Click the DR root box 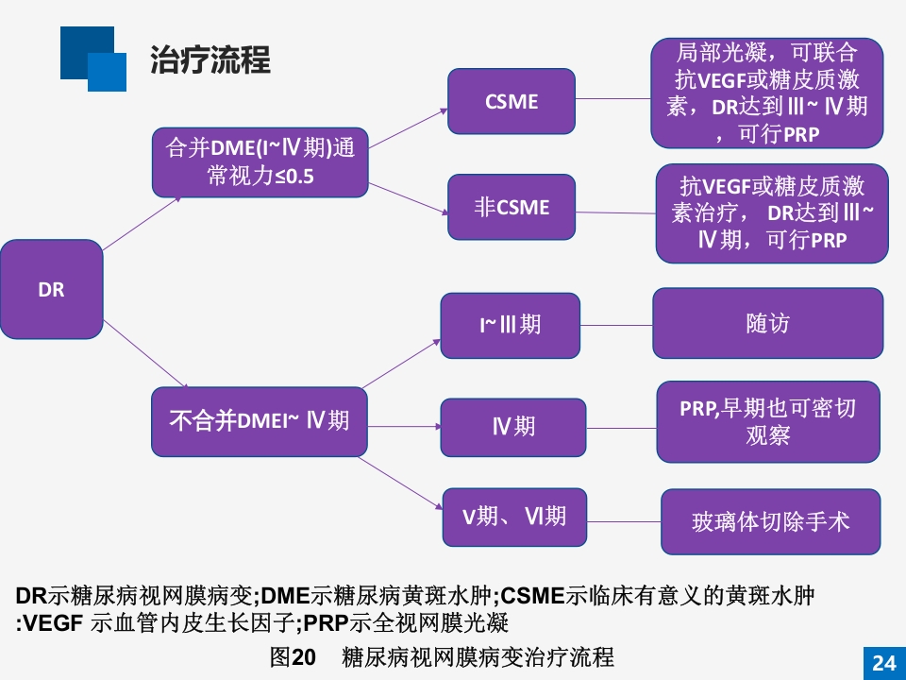tap(51, 289)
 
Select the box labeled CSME tap(511, 101)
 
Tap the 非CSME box tap(511, 207)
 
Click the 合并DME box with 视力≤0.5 tap(260, 161)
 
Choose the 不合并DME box tap(259, 421)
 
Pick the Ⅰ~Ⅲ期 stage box tap(510, 325)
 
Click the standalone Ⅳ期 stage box tap(513, 427)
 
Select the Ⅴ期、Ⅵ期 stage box tap(514, 517)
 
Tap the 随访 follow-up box tap(767, 323)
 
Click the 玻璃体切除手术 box tap(770, 521)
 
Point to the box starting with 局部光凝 tap(766, 93)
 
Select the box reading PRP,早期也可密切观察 tap(767, 421)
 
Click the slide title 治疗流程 tap(210, 59)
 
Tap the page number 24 tap(883, 663)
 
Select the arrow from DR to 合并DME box tap(142, 224)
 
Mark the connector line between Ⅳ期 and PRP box tap(621, 428)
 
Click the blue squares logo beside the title tap(92, 59)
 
